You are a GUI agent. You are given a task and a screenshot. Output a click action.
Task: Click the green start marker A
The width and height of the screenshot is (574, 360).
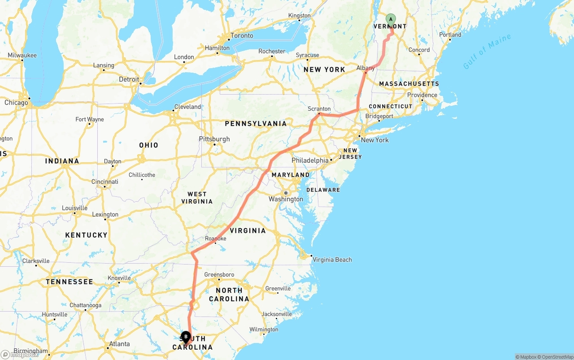coord(391,19)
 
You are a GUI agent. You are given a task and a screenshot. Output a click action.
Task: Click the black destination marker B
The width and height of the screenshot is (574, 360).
coord(186,336)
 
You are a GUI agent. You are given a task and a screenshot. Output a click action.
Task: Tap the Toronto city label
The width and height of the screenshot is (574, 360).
coord(242,36)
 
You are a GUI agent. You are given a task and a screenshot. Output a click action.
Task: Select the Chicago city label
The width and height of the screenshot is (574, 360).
coord(16,103)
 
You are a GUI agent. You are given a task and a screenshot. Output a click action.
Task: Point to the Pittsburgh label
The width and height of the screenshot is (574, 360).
coord(214,139)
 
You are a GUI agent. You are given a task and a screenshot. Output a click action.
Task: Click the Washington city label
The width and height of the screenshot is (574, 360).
coord(286,199)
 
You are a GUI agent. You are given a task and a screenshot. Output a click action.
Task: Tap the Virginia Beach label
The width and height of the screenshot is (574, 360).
coord(332,260)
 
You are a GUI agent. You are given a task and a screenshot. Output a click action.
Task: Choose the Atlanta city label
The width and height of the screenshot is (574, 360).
coord(119,344)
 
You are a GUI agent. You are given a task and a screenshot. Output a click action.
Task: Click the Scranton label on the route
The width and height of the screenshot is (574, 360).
coord(319,109)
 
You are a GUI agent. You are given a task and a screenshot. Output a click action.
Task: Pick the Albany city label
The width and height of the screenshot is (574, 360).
coord(365,68)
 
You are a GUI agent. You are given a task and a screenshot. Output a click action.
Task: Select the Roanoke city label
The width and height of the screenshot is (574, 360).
coord(216,239)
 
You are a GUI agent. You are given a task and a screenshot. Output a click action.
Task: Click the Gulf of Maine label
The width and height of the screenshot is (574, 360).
coord(487,52)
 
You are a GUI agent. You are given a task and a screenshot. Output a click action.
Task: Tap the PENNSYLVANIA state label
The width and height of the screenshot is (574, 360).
coord(256,124)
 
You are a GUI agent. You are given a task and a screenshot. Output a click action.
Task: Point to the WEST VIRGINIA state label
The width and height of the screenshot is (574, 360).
coord(197,198)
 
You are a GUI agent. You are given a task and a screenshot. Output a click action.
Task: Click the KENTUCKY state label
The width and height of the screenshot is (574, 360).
coord(87,235)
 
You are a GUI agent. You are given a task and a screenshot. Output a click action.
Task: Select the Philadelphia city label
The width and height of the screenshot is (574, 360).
coord(310,160)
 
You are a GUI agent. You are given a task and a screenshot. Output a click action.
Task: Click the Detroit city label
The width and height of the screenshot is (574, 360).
coord(129,79)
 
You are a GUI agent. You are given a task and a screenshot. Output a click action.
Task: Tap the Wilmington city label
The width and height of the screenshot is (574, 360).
coord(264,330)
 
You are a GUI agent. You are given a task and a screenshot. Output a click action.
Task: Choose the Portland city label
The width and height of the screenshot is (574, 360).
coord(450,35)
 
